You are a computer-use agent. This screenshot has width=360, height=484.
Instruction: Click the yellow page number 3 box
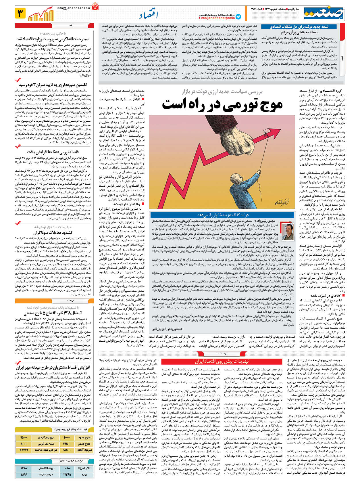(x=20, y=13)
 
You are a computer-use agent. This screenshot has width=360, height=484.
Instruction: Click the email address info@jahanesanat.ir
(x=74, y=8)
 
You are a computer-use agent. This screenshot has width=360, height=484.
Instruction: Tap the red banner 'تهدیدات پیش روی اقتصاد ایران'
(x=222, y=361)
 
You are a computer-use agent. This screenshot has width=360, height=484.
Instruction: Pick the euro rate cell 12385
(x=67, y=475)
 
